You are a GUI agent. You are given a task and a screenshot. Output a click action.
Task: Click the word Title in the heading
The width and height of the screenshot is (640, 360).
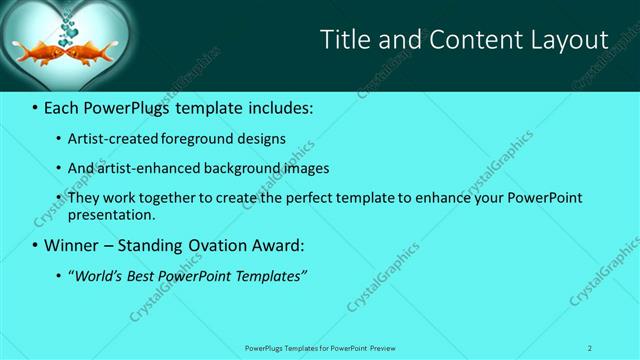[343, 40]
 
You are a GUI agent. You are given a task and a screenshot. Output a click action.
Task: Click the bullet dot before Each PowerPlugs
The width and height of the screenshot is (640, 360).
[35, 108]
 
